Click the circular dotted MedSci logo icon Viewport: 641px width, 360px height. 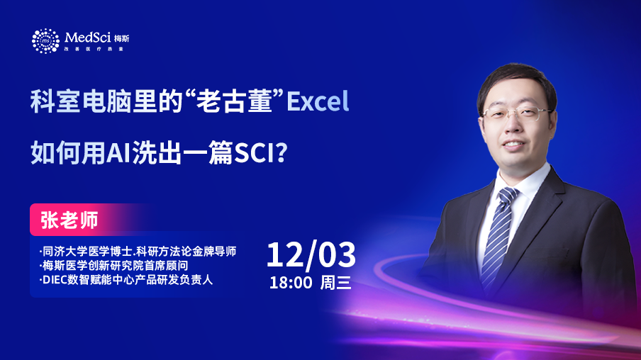(45, 41)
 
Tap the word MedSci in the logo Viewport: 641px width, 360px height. (87, 38)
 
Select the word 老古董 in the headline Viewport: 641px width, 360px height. (234, 101)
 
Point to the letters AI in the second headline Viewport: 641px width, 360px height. (118, 153)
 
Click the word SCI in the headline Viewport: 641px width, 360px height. (253, 153)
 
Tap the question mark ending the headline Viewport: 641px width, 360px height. (282, 152)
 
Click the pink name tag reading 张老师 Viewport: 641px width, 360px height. (69, 220)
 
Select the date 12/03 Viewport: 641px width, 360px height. (311, 255)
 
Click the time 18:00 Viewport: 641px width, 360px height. (291, 283)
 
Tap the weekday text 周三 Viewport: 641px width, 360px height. (335, 283)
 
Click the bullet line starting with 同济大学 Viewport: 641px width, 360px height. (138, 252)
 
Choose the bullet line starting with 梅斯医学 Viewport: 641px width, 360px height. (113, 266)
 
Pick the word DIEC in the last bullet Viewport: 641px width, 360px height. (55, 280)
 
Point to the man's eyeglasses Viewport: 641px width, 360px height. (516, 113)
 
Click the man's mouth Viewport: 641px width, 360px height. (513, 145)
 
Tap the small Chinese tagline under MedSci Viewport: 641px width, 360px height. (94, 49)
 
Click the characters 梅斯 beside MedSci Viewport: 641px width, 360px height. (122, 38)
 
